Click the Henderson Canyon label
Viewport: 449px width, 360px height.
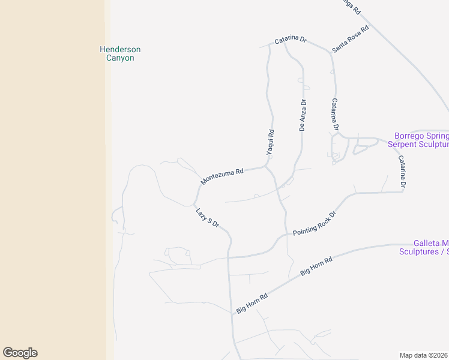[120, 53]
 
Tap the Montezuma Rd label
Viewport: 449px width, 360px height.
[222, 176]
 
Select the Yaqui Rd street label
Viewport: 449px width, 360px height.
[271, 143]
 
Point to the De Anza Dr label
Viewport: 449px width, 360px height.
[303, 115]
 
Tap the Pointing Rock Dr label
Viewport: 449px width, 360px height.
[314, 223]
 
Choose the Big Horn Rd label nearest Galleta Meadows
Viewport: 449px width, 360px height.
[316, 267]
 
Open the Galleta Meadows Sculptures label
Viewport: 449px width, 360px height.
[424, 247]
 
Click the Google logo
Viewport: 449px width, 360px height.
[20, 353]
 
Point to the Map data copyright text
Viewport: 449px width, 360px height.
[424, 355]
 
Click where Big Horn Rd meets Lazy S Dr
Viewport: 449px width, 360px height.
[232, 313]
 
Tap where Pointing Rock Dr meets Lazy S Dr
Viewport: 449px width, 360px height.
[229, 257]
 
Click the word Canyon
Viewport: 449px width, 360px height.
[120, 58]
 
